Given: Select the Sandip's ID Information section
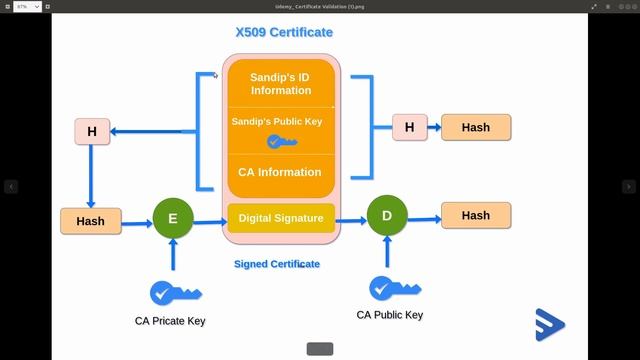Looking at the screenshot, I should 280,84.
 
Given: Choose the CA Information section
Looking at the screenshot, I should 280,172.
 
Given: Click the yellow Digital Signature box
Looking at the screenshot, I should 280,218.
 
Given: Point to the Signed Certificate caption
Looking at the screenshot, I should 277,264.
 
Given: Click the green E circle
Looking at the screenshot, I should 173,219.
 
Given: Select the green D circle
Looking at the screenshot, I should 387,216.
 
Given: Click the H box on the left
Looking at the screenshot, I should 92,131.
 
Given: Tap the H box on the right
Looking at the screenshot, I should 409,127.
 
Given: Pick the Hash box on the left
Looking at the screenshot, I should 90,220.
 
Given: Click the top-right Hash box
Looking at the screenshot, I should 475,127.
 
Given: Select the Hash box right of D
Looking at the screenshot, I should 475,215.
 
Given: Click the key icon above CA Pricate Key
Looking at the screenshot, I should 174,293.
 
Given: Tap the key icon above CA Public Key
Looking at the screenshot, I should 391,288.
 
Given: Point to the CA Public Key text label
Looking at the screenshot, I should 390,315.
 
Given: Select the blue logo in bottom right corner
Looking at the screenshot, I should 549,323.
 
